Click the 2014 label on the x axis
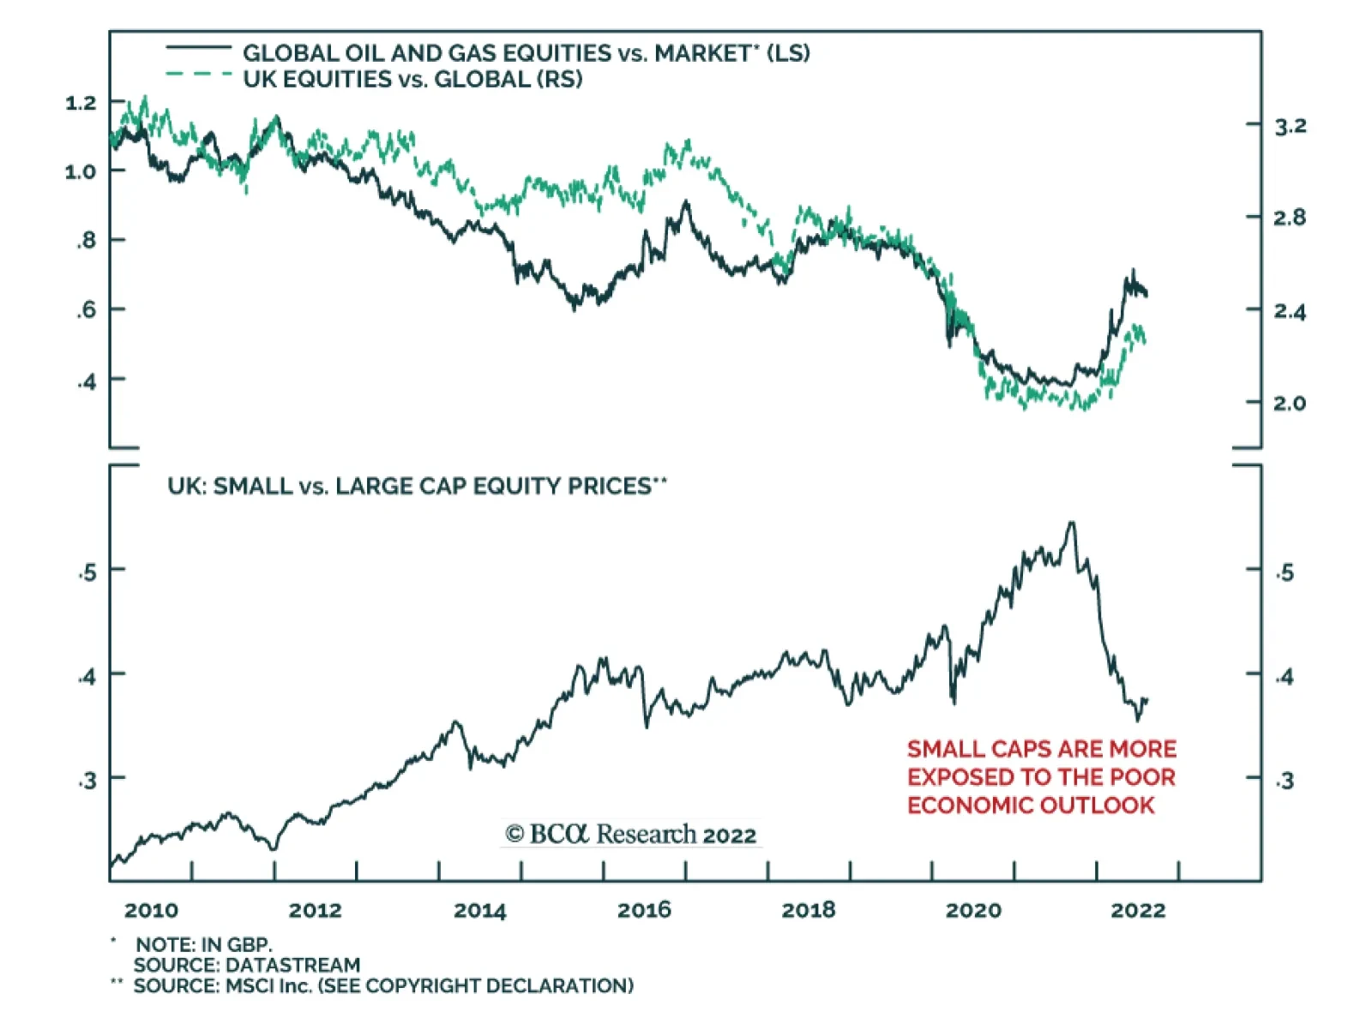coord(479,910)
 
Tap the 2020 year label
coord(972,910)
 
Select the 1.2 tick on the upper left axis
coord(81,103)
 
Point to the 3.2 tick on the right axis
coord(1290,127)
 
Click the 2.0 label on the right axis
coord(1290,403)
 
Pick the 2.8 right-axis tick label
coord(1290,218)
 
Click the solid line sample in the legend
coord(198,47)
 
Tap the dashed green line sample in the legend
coord(198,75)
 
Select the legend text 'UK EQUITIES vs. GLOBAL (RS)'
coord(412,80)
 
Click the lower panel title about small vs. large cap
coord(417,487)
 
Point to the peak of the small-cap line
coord(1071,523)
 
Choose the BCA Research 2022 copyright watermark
coord(631,834)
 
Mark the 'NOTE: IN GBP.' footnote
coord(204,944)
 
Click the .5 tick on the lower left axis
coord(87,572)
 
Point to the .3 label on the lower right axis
coord(1285,780)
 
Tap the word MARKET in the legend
coord(702,53)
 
